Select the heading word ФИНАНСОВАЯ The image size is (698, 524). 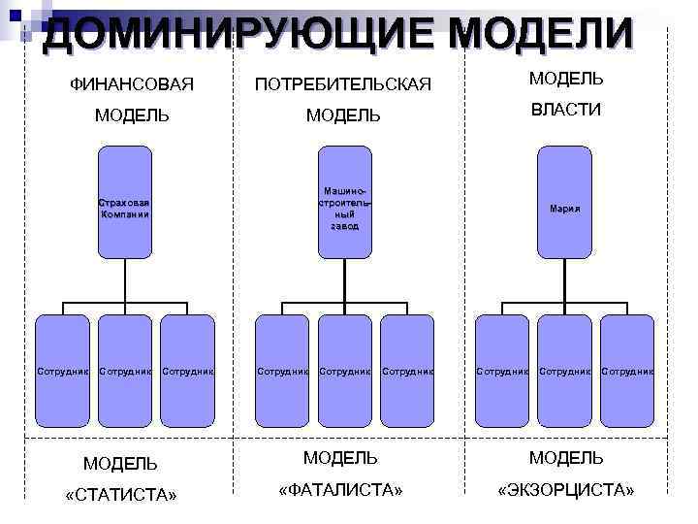tap(132, 84)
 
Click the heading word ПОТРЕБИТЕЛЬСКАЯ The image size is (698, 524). tap(342, 84)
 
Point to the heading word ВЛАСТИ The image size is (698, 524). tap(566, 110)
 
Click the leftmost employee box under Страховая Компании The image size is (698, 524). tap(62, 371)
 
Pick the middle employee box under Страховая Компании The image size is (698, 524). tap(125, 371)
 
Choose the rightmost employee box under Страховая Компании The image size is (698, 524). tap(188, 371)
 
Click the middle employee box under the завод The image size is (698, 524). tap(345, 371)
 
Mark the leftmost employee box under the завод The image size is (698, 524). tap(282, 371)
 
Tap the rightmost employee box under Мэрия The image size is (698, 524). tap(627, 371)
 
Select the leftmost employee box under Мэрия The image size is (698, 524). tap(501, 371)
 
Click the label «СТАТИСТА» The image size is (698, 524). tap(120, 496)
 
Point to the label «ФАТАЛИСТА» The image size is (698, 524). tap(340, 490)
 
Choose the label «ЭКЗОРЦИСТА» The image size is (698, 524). tap(566, 490)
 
